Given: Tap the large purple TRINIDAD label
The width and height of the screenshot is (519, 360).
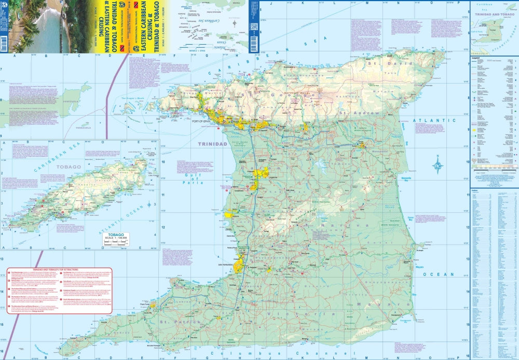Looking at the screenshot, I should [x=213, y=144].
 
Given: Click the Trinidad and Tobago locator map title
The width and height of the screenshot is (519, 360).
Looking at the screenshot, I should [x=493, y=14].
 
